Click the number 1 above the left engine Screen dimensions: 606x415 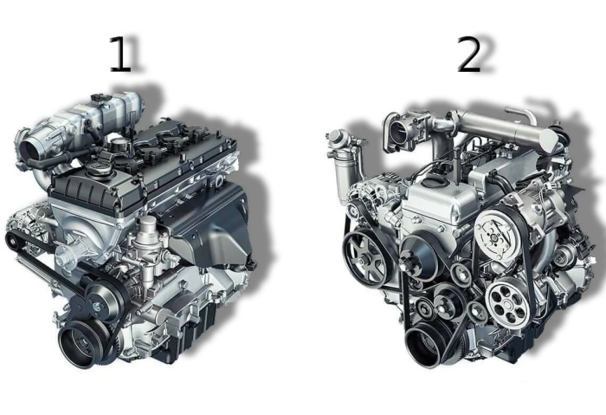coord(120,54)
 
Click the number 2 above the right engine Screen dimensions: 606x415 coord(469,54)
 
